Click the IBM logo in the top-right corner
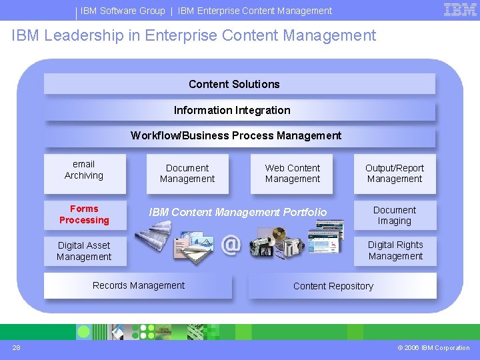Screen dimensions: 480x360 (460, 9)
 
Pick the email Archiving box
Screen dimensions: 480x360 (84, 170)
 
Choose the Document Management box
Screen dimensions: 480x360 (187, 173)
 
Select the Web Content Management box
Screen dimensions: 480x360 (293, 173)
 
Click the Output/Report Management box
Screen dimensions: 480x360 (395, 173)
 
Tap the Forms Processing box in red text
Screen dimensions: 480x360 (84, 215)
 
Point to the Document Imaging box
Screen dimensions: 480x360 (395, 215)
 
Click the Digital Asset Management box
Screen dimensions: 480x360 (84, 251)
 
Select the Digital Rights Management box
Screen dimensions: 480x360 (395, 251)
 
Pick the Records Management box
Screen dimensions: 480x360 (139, 286)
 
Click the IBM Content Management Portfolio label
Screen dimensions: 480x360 (238, 212)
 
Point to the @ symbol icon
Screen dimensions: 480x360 (230, 245)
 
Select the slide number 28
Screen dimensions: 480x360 (16, 347)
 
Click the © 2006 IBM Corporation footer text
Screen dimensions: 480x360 (433, 347)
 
